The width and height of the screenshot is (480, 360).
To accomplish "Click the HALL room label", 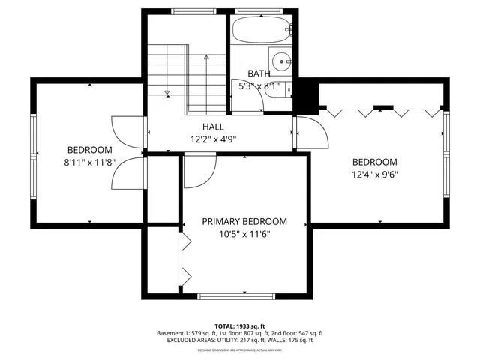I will tap(213, 127).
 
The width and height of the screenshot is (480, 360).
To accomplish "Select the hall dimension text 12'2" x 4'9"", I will tap(213, 139).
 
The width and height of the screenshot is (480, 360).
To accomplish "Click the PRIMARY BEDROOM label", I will tap(244, 221).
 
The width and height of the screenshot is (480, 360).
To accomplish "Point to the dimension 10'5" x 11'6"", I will tap(244, 234).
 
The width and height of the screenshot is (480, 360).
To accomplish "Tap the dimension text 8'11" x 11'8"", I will tap(89, 163).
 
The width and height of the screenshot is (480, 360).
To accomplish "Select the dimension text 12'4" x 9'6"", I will tap(374, 175).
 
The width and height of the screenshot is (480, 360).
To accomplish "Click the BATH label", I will tap(259, 73).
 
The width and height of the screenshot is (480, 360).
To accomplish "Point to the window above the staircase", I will tap(193, 11).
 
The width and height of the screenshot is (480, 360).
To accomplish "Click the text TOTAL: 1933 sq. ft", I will tap(240, 325).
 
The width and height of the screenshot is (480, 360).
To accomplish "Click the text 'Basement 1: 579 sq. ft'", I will tap(188, 333).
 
